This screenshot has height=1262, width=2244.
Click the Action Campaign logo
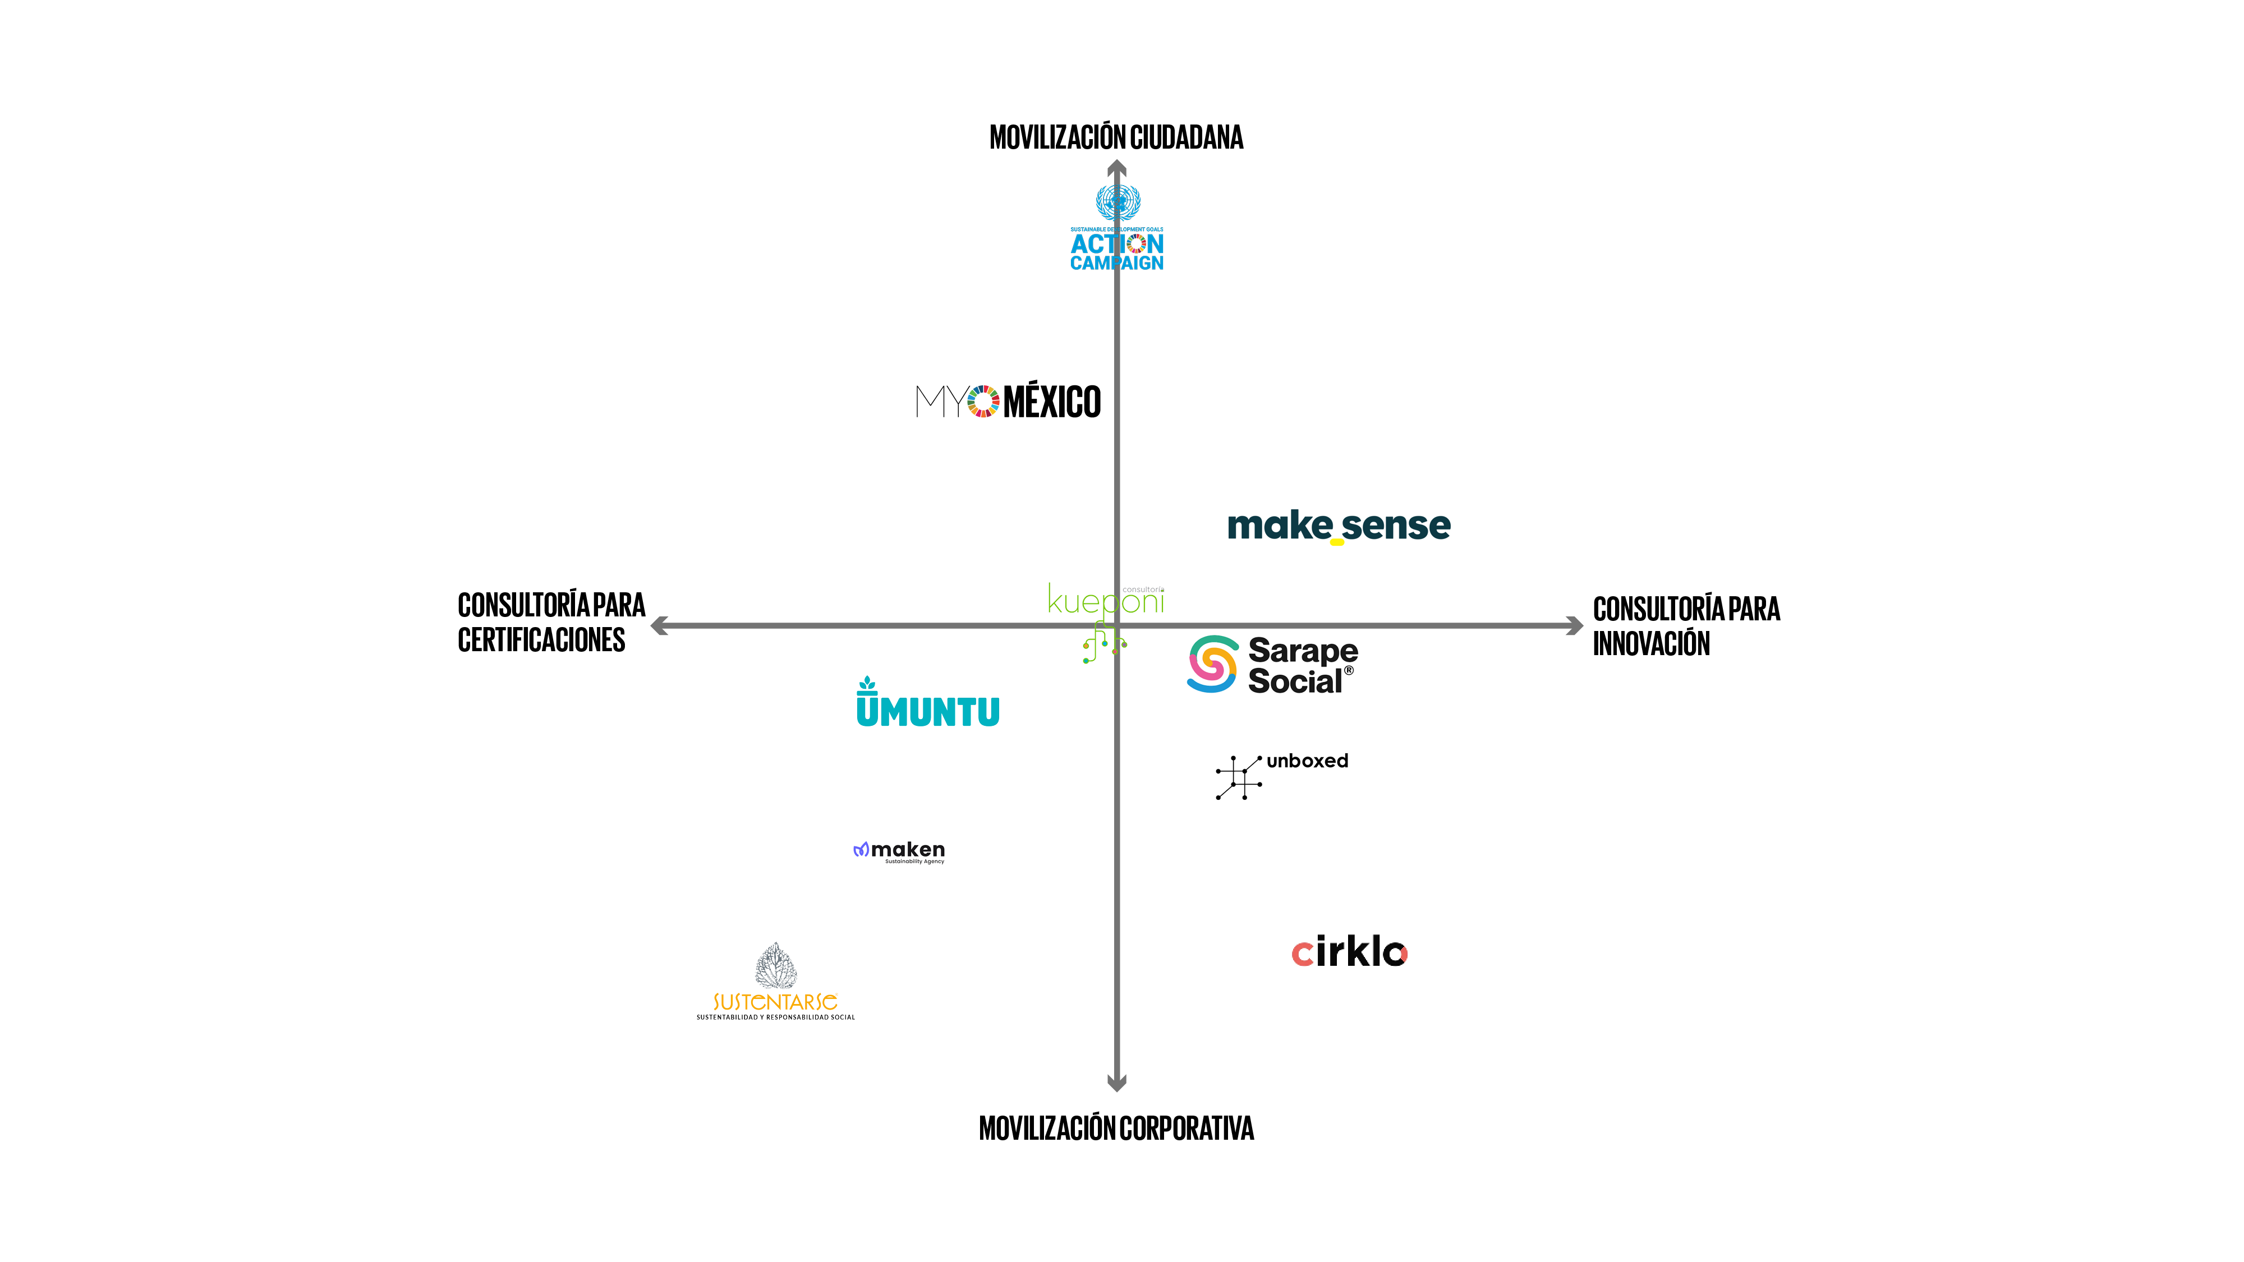point(1117,228)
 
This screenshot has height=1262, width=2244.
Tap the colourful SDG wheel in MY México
point(983,402)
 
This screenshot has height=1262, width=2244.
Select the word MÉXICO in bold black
point(1052,402)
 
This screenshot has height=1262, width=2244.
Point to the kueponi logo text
point(1105,601)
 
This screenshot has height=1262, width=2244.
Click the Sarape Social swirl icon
point(1212,665)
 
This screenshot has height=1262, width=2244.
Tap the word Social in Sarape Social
point(1294,681)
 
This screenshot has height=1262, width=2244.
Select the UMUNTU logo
point(928,704)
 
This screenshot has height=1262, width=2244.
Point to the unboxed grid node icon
point(1238,777)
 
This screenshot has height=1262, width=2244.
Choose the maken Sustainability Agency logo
point(899,851)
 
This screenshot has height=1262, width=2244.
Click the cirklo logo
point(1349,953)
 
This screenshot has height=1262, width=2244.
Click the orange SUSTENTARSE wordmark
point(775,1002)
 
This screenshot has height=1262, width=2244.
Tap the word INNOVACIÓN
point(1651,644)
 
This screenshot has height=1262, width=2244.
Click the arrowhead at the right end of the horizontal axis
point(1574,625)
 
